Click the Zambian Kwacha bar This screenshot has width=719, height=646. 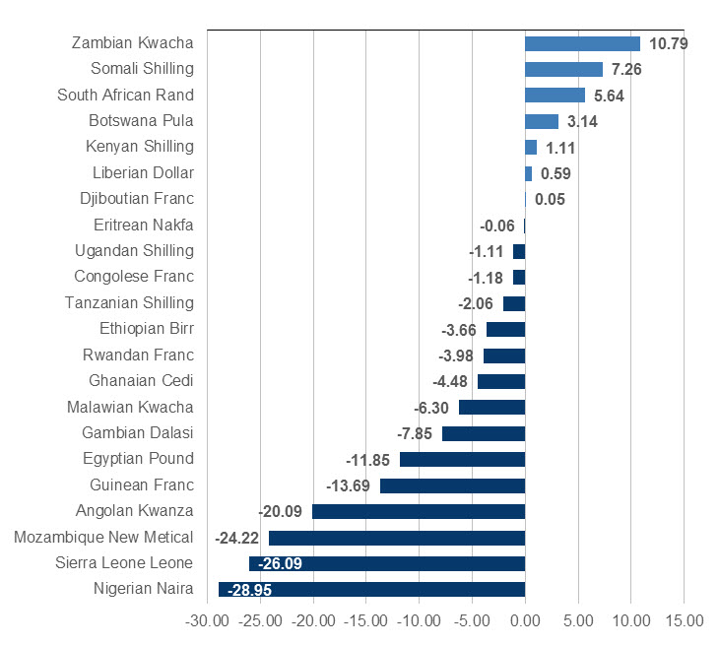point(582,43)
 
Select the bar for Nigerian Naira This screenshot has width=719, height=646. point(371,590)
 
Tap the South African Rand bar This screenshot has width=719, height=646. point(555,96)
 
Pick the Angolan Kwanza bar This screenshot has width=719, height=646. point(419,511)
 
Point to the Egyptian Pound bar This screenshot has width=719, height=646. point(462,459)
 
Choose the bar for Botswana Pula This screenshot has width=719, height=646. point(542,121)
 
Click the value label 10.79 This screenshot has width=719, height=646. point(669,43)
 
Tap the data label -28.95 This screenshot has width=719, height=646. point(249,590)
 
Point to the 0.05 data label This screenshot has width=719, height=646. point(551,199)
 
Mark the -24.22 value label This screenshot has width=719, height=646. point(237,538)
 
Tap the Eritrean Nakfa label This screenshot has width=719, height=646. point(144,225)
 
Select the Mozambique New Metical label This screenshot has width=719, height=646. point(103,537)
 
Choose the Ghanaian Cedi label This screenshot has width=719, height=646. point(141,381)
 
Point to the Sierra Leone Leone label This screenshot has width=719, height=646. point(124,563)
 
